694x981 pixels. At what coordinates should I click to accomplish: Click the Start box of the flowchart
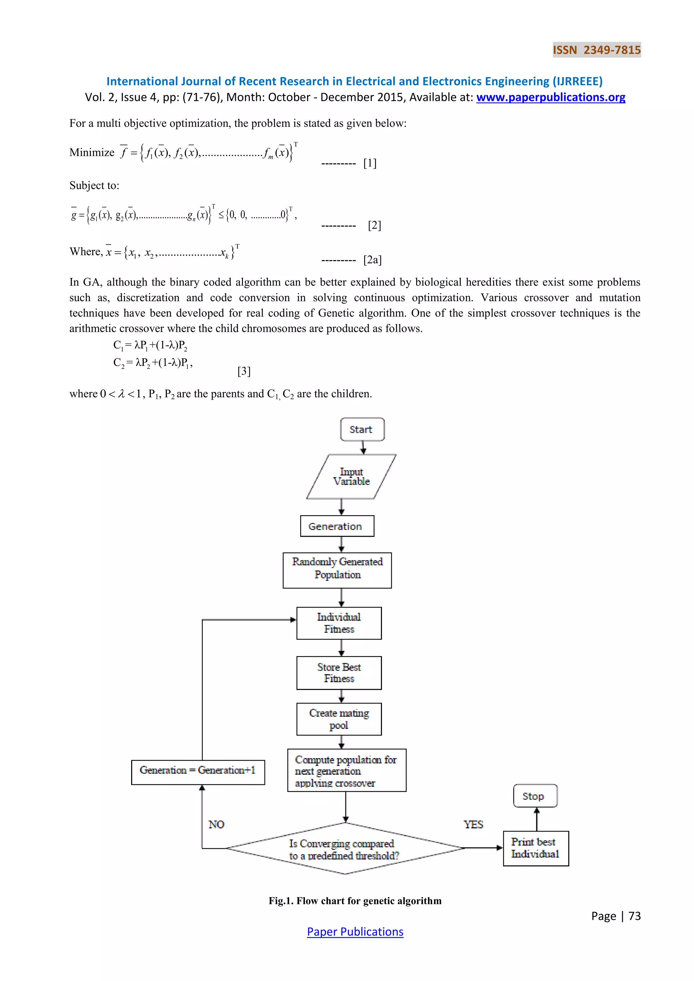point(362,430)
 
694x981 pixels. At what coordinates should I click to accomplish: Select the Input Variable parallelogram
point(351,476)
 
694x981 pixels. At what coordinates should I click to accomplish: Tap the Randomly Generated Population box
point(337,570)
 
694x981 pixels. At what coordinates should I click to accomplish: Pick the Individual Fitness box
point(339,623)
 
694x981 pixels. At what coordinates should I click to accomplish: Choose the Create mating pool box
point(339,719)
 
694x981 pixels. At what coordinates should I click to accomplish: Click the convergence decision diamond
point(344,849)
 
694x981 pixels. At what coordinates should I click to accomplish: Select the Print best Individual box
point(535,848)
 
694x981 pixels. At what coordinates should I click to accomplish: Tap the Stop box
point(535,796)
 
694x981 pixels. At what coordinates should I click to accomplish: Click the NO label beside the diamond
point(216,824)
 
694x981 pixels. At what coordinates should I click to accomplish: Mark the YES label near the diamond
point(473,824)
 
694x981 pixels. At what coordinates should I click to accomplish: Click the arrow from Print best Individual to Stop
point(537,819)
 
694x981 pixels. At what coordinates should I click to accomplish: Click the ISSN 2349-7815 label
point(596,50)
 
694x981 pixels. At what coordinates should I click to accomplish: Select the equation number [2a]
point(372,260)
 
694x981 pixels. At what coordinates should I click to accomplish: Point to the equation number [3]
point(244,371)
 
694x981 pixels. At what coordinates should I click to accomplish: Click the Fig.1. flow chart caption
point(355,901)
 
